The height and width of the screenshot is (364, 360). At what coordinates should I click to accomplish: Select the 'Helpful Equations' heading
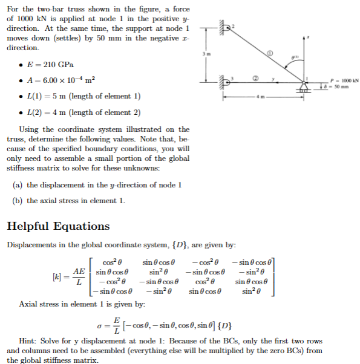pyautogui.click(x=58, y=226)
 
